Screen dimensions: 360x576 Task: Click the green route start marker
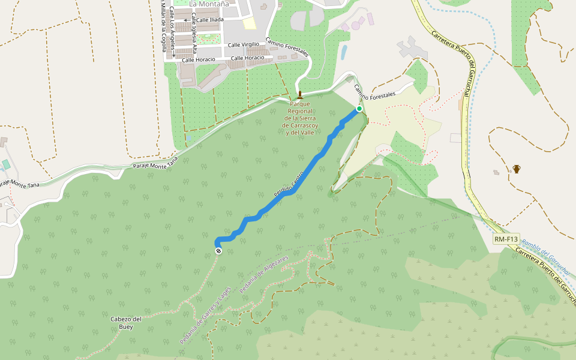click(x=359, y=109)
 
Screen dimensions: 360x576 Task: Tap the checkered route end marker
click(x=218, y=251)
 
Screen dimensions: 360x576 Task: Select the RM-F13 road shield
click(x=506, y=239)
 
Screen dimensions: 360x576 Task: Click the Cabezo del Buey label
click(x=126, y=323)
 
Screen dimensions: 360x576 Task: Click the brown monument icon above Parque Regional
click(x=299, y=95)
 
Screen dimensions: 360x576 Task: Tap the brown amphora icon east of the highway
click(x=517, y=169)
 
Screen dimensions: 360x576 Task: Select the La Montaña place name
click(x=209, y=4)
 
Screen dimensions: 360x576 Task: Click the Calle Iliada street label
click(x=210, y=20)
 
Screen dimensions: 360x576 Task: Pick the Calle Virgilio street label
click(x=243, y=44)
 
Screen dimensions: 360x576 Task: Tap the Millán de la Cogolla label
click(x=163, y=27)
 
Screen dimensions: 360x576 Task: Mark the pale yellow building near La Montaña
click(x=250, y=23)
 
